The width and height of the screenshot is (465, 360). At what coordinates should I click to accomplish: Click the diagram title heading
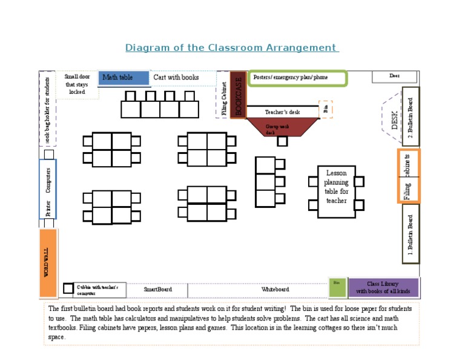point(231,48)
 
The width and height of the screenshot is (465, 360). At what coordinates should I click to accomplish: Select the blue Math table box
point(124,78)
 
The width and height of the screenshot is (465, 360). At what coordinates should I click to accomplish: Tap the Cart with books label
point(176,78)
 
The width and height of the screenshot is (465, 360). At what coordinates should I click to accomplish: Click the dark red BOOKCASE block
point(237,95)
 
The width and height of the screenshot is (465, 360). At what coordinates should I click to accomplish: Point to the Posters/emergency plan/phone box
point(297,78)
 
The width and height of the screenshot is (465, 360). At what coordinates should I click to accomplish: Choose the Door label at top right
point(394,76)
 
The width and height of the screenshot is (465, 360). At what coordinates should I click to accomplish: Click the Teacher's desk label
point(282,112)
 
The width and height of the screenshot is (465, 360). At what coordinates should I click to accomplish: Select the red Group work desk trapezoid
point(282,127)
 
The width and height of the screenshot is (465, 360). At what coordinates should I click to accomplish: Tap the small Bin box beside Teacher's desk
point(326,110)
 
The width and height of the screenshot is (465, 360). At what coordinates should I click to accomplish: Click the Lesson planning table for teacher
point(337,192)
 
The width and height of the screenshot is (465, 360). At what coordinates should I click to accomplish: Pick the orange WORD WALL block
point(48,262)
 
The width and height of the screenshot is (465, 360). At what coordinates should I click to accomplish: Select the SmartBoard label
point(157,290)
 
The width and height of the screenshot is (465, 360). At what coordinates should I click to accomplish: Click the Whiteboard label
point(275,290)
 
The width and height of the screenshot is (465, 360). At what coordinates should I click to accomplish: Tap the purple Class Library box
point(383,287)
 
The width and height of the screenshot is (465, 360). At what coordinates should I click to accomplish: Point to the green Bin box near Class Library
point(337,287)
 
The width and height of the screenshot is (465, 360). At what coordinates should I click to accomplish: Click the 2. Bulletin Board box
point(411,116)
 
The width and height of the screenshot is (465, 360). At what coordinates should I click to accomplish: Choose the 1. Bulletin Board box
point(411,234)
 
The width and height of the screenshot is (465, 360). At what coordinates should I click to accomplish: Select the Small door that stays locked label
point(77,85)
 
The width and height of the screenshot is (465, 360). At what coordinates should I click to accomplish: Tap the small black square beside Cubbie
point(68,288)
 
